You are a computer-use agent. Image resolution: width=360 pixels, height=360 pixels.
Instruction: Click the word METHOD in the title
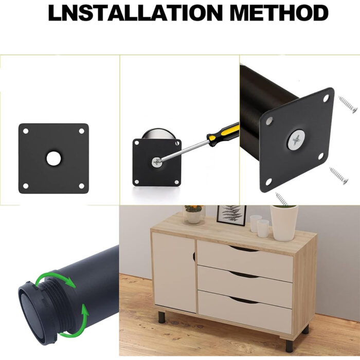click(x=279, y=13)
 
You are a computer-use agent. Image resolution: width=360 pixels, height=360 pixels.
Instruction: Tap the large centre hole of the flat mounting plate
click(x=53, y=158)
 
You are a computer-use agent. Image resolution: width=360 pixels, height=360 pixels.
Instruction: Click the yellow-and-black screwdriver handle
click(x=223, y=134)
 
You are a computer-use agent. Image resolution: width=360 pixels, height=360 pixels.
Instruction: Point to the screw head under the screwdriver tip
click(x=156, y=163)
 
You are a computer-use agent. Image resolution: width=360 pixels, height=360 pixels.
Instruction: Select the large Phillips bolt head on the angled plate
click(x=297, y=140)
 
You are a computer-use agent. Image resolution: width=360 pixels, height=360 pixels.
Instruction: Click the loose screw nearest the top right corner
click(x=348, y=104)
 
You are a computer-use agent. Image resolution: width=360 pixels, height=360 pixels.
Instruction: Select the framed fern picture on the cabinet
click(x=231, y=215)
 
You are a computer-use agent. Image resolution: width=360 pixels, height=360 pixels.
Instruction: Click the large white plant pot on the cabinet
click(x=284, y=223)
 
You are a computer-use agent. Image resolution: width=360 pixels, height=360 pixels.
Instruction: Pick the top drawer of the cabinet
click(x=245, y=261)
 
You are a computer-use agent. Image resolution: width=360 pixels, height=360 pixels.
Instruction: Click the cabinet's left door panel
click(x=174, y=272)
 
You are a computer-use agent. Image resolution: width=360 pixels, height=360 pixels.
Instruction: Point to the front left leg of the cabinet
click(x=161, y=317)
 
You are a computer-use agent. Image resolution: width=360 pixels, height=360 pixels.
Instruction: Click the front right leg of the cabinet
click(x=290, y=346)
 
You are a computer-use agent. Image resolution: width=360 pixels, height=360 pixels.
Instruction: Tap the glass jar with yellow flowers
click(x=194, y=214)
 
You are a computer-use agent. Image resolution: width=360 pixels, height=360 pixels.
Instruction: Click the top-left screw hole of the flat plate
click(x=26, y=131)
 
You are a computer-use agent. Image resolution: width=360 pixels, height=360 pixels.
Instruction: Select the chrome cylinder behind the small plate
click(x=159, y=134)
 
